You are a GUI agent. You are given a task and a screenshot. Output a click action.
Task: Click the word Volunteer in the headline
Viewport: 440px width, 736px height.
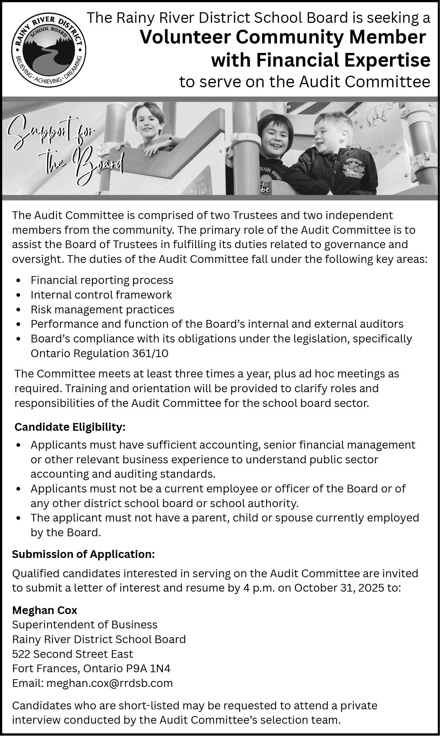tap(185, 38)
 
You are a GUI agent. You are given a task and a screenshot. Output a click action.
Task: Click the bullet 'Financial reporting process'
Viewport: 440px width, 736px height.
tap(102, 280)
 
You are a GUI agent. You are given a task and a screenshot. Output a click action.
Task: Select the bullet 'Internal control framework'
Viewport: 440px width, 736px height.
tap(101, 295)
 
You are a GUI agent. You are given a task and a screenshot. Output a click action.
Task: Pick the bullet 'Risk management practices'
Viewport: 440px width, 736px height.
tap(102, 309)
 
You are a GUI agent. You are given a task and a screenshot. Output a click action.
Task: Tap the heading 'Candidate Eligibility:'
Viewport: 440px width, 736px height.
tap(70, 427)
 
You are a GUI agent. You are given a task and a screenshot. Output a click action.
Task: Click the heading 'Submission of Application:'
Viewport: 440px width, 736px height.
tap(83, 554)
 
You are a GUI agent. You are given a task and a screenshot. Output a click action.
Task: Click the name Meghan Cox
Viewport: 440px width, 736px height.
tap(44, 610)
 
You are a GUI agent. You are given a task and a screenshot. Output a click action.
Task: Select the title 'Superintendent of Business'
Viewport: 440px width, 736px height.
tap(85, 625)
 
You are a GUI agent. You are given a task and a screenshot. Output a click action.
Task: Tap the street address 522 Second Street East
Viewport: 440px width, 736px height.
tap(73, 654)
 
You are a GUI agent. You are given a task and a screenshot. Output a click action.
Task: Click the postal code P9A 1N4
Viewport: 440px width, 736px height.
tap(148, 668)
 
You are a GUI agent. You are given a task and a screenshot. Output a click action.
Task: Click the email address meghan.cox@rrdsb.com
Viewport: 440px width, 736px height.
tap(110, 683)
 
